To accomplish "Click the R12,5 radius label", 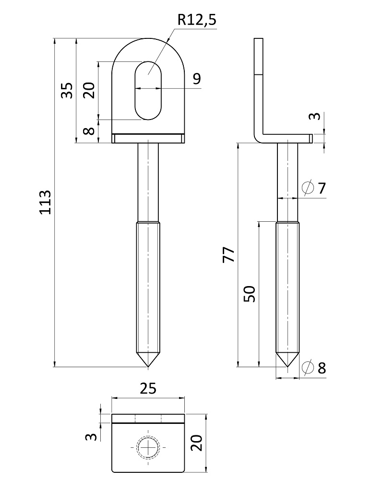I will click(x=196, y=20).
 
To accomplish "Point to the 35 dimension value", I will click(x=68, y=90).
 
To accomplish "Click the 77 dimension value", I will click(x=229, y=254).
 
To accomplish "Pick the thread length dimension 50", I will click(x=250, y=293).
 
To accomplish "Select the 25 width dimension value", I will click(x=148, y=388).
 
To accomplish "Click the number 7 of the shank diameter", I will click(x=321, y=188).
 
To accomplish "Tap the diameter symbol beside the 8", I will click(x=308, y=368).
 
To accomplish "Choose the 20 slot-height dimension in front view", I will click(x=89, y=90).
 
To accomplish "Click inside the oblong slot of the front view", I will click(x=148, y=90).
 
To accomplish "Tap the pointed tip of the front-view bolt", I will click(x=148, y=367).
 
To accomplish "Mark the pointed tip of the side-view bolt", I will click(x=288, y=367).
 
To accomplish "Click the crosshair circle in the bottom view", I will click(x=148, y=447).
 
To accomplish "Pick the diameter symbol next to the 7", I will click(x=308, y=188).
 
